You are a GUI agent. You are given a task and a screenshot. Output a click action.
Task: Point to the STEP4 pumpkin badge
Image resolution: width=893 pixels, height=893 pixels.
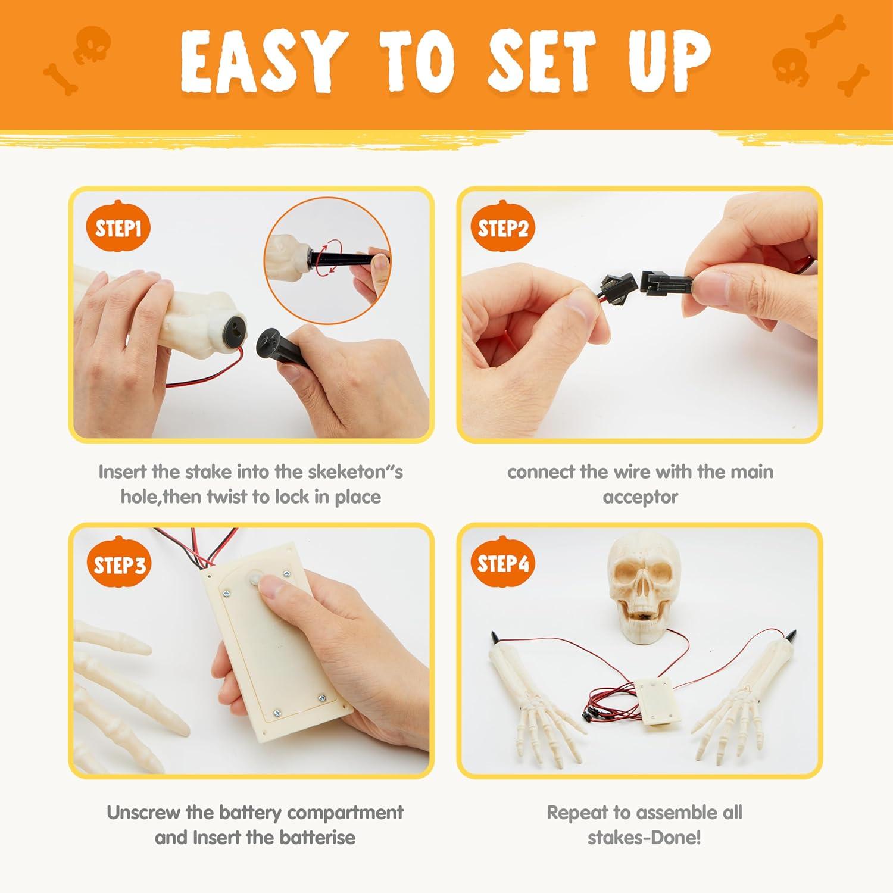click(503, 563)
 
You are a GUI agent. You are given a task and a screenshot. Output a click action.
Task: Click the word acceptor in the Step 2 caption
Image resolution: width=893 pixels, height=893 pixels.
click(640, 498)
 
